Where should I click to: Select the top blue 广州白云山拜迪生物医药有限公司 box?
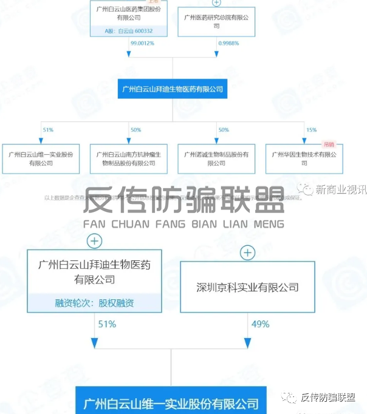(173, 89)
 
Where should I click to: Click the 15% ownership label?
(312, 130)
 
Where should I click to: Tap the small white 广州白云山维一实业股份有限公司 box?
(41, 159)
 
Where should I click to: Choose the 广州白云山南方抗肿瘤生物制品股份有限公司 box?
(129, 159)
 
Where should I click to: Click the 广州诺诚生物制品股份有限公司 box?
(216, 159)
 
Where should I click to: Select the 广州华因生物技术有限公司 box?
(304, 159)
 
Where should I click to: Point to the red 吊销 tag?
(329, 144)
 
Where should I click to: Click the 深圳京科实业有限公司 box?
(247, 287)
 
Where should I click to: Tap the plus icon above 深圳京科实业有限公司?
(247, 252)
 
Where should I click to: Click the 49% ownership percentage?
(260, 324)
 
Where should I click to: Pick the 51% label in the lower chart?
(107, 324)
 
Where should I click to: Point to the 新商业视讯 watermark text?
(340, 190)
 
